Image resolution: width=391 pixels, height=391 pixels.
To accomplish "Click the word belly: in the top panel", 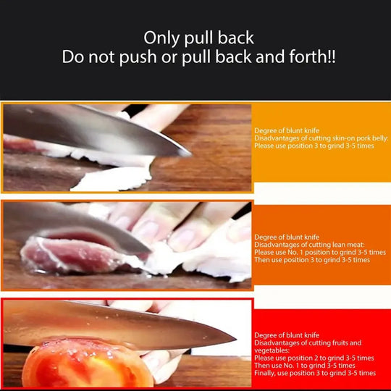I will coord(376,138).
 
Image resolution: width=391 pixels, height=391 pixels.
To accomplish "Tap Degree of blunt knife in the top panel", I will coord(287,130).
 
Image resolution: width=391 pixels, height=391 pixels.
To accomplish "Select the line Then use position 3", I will coord(313,260).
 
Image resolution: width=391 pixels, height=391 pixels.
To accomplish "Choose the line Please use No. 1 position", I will coord(320,252).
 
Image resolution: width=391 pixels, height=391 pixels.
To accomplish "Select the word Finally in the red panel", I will coord(265,373).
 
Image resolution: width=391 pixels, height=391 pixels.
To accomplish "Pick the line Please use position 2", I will coord(314,358).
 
